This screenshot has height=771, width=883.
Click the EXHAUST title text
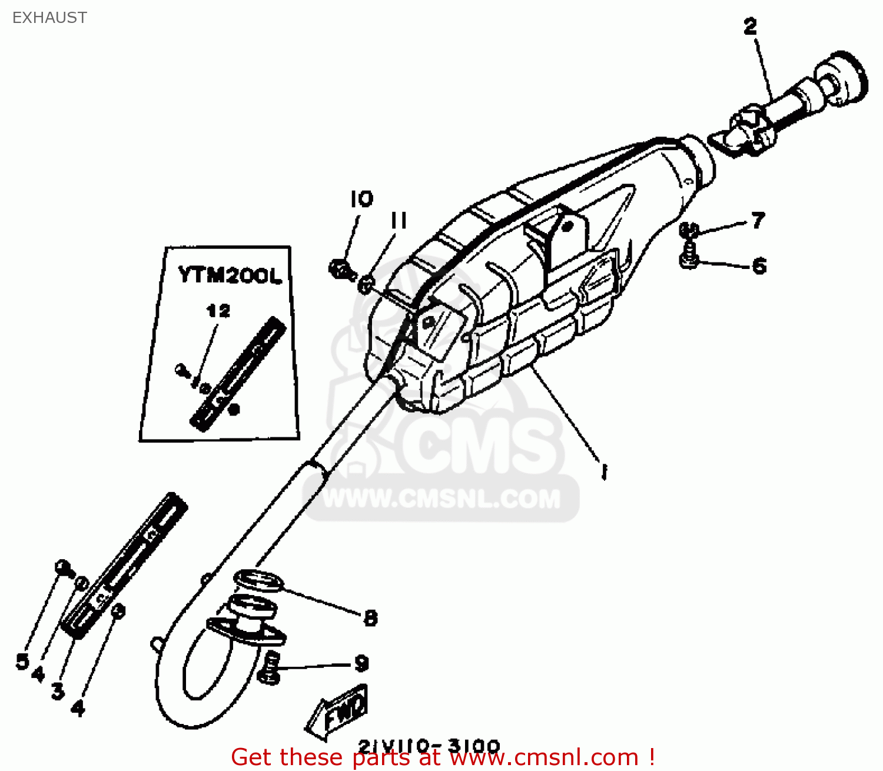point(49,18)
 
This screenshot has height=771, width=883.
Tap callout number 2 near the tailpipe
point(750,26)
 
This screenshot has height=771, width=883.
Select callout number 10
point(361,200)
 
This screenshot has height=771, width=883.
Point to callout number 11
point(399,221)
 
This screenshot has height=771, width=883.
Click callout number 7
point(758,220)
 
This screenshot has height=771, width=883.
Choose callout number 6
point(759,266)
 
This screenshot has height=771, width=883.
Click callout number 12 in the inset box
point(218,311)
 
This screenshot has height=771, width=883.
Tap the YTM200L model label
point(230,275)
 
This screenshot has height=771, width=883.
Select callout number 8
point(370,618)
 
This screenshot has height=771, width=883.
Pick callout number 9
point(361,664)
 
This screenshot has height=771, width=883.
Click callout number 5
point(22,662)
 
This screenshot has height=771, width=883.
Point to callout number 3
point(58,690)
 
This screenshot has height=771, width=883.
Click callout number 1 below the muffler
point(604,471)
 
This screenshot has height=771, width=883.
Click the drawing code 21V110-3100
point(429,746)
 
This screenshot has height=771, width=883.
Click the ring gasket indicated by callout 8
point(259,580)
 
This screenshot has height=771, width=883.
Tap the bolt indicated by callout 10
point(338,270)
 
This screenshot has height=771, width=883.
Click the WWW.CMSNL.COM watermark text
point(441,499)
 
